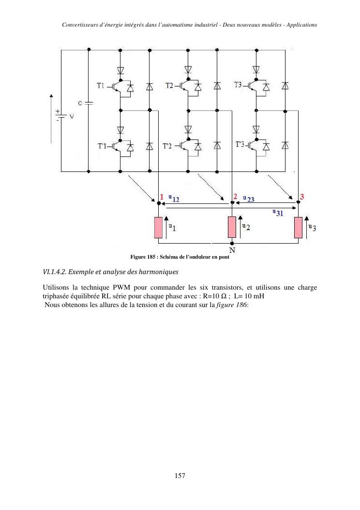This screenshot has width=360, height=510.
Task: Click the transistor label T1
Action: [100, 86]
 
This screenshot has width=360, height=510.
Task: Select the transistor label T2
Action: [169, 86]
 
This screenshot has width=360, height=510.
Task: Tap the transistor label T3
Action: [238, 85]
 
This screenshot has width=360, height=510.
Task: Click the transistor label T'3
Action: [240, 144]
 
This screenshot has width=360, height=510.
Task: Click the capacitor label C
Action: [80, 103]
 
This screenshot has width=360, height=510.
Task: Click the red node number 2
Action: [235, 196]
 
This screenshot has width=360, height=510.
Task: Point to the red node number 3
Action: [302, 197]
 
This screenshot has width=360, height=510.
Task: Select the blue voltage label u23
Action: [249, 198]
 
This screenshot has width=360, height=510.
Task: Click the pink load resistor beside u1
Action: [158, 228]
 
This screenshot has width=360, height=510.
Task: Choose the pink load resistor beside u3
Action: [298, 228]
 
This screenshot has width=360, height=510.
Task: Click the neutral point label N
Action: [232, 250]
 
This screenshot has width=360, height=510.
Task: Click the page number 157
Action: [180, 476]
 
